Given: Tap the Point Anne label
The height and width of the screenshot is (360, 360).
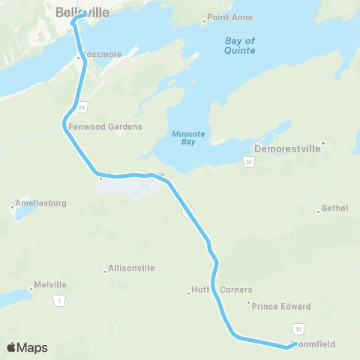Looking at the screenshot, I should coord(229,17).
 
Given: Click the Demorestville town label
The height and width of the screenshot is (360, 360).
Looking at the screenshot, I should coord(288,148).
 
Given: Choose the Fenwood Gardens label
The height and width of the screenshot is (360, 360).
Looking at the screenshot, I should coord(105,127).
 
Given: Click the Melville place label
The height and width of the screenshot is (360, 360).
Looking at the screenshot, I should coord(51,285).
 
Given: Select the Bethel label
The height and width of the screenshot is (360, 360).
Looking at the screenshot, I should coord(334,208).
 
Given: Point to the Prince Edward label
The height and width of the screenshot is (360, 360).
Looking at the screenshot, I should coord(281,306).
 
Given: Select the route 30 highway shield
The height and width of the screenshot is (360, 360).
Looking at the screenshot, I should coord(298,328).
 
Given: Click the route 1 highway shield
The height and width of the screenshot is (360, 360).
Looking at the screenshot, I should coord(58,300).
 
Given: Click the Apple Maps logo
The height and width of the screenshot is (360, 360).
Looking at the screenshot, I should coord(27,348).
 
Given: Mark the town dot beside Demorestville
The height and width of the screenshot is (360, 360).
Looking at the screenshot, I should coord(323,142).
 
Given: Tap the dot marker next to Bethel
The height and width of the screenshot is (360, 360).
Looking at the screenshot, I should coord(318,211).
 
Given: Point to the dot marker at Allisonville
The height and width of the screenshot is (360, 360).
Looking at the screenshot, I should coord(105,271).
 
